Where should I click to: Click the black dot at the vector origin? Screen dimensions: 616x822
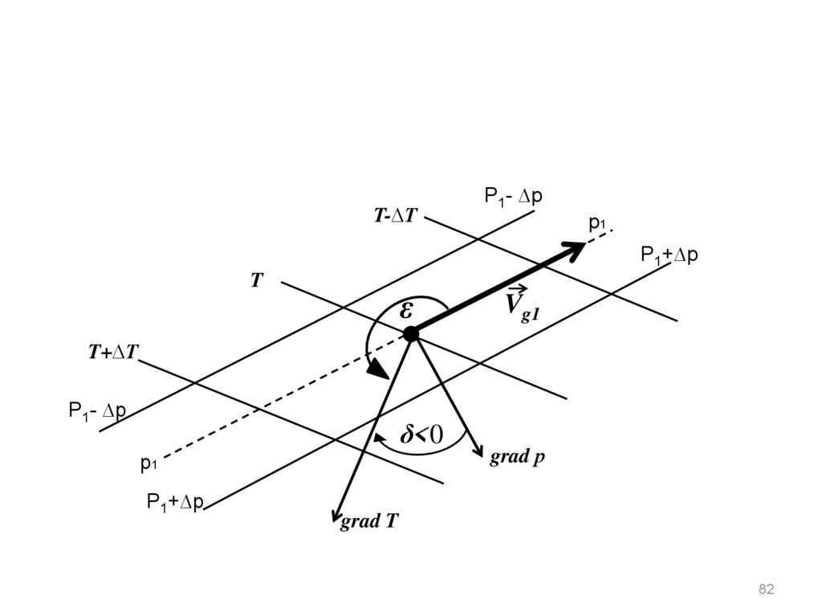[411, 333]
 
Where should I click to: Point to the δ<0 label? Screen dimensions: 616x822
[421, 435]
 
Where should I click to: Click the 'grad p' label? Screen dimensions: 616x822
[519, 457]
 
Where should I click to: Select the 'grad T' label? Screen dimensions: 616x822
[369, 522]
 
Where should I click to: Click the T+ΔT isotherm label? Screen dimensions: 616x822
[114, 352]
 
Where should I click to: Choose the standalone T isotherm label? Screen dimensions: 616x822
[257, 280]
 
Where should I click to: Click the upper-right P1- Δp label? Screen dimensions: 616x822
[514, 196]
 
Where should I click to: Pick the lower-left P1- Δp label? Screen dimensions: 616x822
[97, 412]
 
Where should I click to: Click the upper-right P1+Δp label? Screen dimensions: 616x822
[669, 255]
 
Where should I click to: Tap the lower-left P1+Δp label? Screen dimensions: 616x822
[175, 503]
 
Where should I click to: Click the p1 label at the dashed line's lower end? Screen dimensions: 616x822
[149, 463]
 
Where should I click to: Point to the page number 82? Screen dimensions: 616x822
[766, 589]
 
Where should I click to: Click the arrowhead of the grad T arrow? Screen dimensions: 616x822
[338, 516]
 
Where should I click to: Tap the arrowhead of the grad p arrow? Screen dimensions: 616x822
[478, 451]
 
